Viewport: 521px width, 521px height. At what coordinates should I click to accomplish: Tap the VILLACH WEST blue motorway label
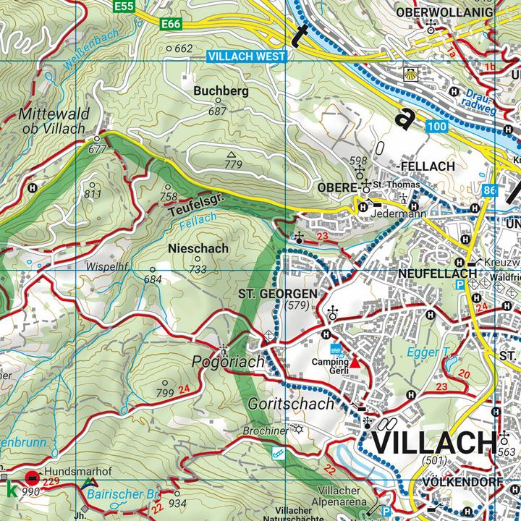[x=246, y=56]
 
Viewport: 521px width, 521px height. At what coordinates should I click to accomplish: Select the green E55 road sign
[x=124, y=6]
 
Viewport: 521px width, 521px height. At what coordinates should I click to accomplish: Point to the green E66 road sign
[x=171, y=25]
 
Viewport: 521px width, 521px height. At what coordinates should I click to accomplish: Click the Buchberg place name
[x=221, y=92]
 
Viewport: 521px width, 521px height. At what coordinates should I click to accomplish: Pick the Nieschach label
[x=198, y=248]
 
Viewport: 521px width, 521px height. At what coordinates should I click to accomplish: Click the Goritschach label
[x=292, y=404]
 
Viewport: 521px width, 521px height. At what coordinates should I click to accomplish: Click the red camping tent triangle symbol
[x=355, y=360]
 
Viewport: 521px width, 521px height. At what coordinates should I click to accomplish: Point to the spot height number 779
[x=233, y=165]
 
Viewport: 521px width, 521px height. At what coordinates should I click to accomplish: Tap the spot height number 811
[x=93, y=194]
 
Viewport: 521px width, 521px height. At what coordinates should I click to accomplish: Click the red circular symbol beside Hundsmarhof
[x=32, y=478]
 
